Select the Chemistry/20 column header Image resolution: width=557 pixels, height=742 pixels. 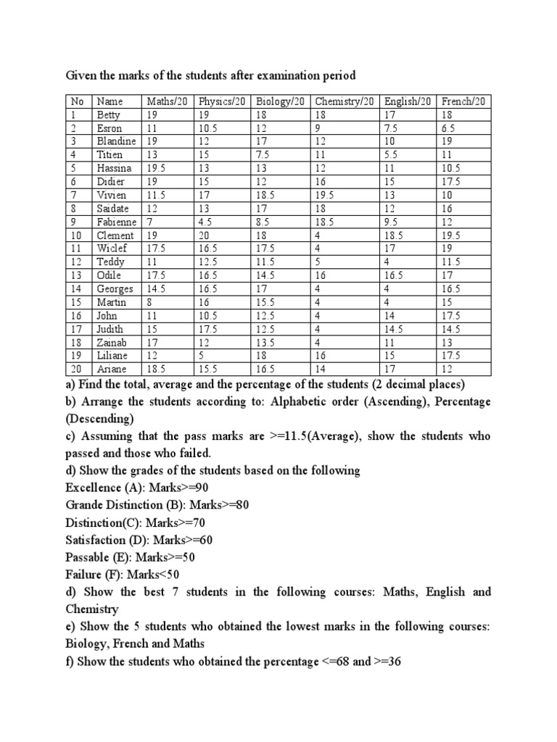[x=344, y=101]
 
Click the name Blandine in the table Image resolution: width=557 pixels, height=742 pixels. [x=116, y=141]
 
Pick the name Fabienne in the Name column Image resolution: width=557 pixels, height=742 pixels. [x=117, y=222]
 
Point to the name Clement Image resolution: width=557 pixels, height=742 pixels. [x=115, y=235]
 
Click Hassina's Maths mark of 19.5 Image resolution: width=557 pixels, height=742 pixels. [x=157, y=168]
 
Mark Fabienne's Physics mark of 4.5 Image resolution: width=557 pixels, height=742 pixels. [x=206, y=222]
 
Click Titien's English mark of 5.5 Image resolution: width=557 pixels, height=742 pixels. [x=392, y=155]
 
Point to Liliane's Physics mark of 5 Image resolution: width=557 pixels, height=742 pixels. [x=202, y=356]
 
